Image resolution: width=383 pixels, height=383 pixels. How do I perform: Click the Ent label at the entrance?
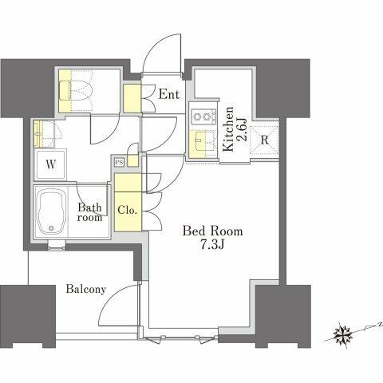169,94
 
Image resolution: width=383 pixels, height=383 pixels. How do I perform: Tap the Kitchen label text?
228,129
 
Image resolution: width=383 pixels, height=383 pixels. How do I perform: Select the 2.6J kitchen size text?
243,130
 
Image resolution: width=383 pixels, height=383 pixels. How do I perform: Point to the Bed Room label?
212,231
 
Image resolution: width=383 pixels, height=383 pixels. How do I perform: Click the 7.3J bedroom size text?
212,245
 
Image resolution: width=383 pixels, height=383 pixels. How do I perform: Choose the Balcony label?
86,289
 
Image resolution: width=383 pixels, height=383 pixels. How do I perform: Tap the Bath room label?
90,212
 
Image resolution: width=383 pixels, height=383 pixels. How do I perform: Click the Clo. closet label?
128,211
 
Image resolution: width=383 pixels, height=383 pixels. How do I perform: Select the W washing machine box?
51,165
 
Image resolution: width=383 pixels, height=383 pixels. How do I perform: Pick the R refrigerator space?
264,140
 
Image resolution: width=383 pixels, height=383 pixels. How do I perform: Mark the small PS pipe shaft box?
120,163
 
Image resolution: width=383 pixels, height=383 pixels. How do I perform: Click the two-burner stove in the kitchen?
204,116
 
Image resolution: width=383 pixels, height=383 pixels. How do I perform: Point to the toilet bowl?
76,91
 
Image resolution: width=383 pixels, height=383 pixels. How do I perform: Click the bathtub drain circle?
51,227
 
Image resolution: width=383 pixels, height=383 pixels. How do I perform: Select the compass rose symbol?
343,333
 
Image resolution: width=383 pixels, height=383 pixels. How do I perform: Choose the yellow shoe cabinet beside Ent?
132,99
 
